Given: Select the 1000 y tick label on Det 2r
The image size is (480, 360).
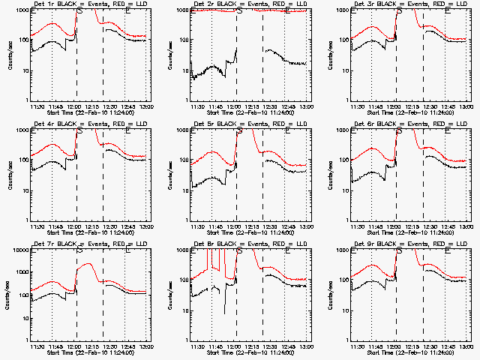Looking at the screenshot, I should [x=181, y=10].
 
